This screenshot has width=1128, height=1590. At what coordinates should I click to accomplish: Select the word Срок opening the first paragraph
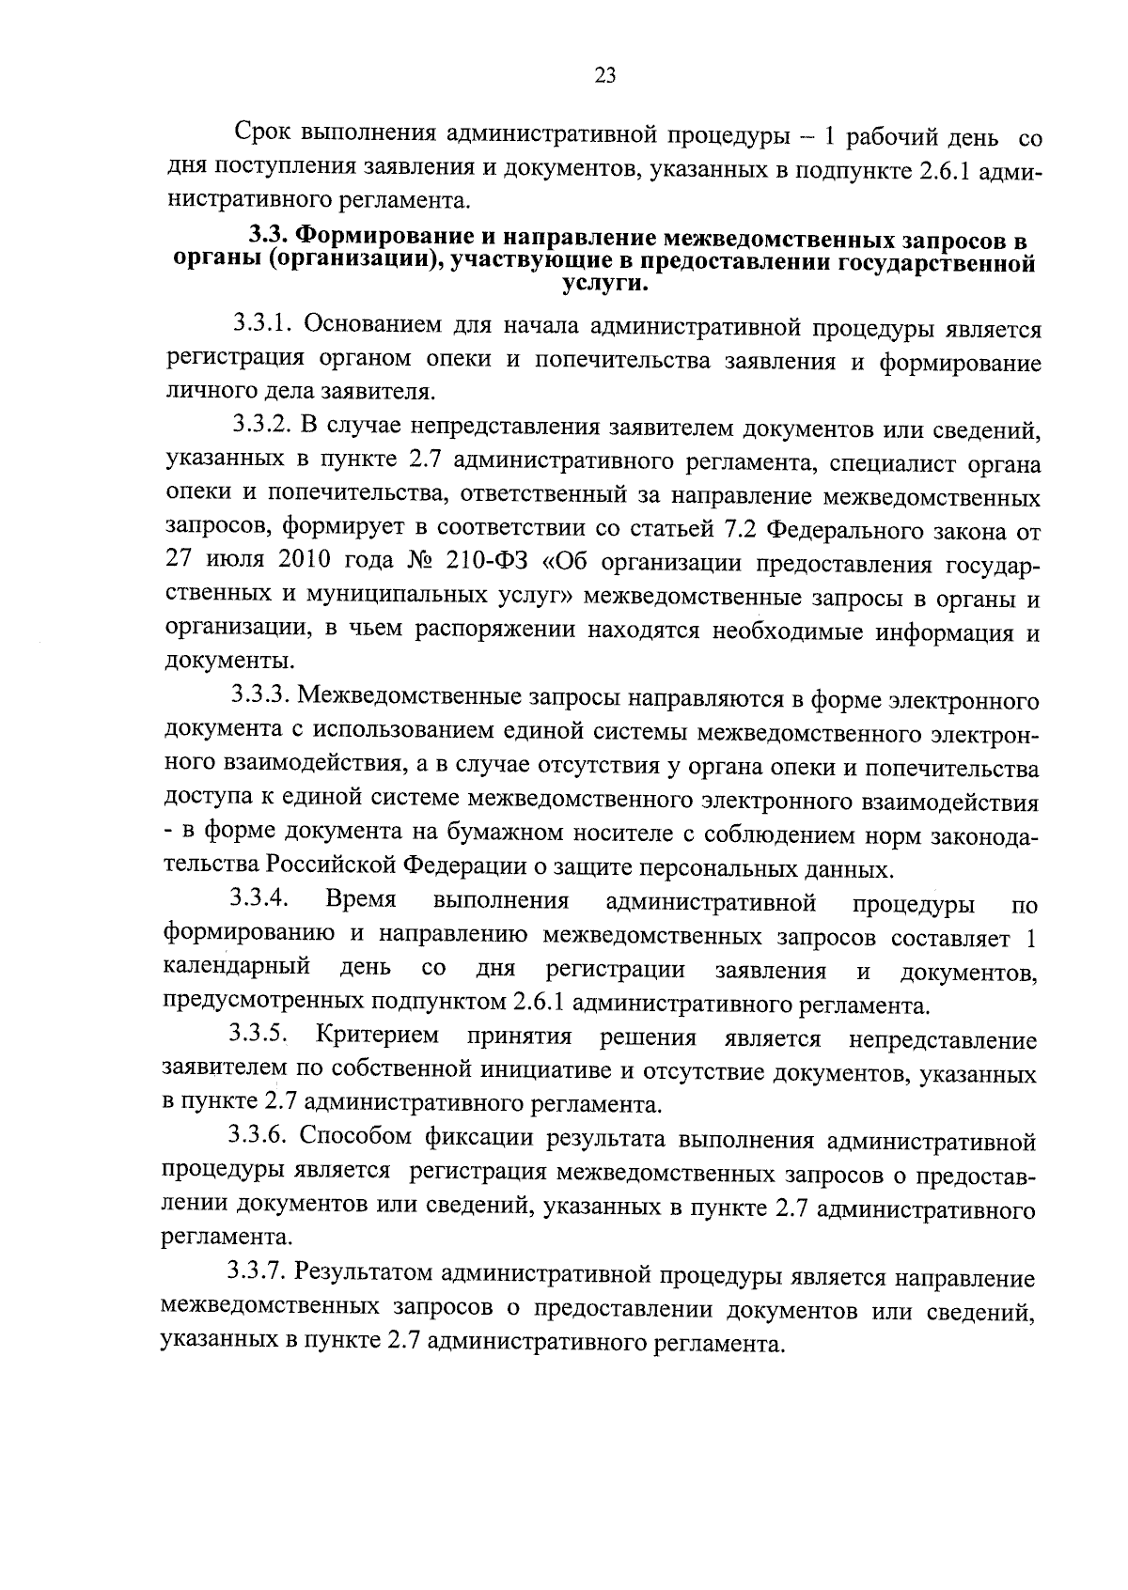tap(263, 137)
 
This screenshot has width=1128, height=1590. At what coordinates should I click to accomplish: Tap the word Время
tap(361, 900)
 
